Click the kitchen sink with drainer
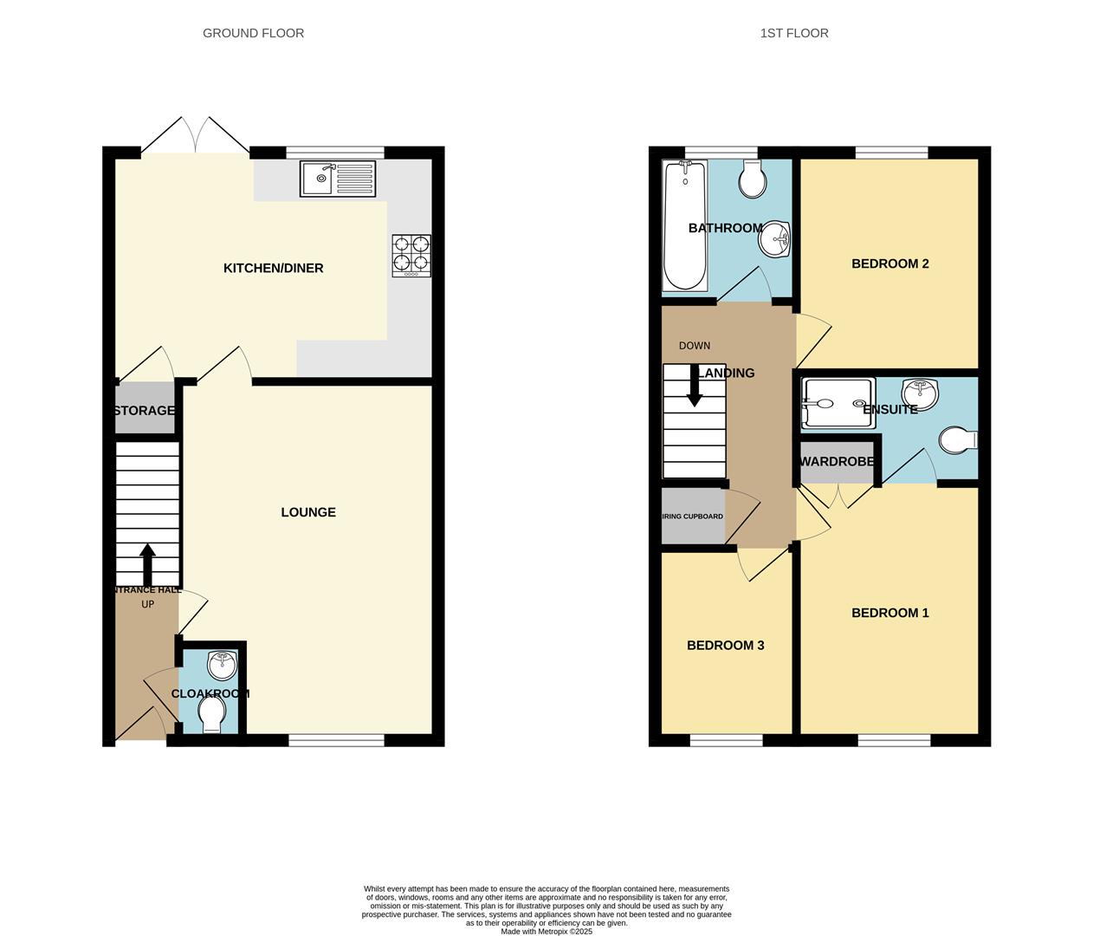pos(340,179)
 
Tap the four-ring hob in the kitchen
pos(411,256)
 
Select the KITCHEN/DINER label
pos(273,269)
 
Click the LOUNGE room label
pos(308,512)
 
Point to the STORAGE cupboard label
pos(144,411)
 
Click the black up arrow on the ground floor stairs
pos(147,564)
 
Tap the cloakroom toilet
pos(211,715)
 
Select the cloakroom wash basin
pos(223,666)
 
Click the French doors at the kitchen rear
pos(197,137)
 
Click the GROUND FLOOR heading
pos(253,33)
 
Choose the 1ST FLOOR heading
pos(794,33)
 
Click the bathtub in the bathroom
pos(684,226)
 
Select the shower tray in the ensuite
pos(838,404)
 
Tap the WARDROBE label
pos(837,462)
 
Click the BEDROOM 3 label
pos(725,646)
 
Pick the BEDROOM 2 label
pos(889,263)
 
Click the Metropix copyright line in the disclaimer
pos(546,932)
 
